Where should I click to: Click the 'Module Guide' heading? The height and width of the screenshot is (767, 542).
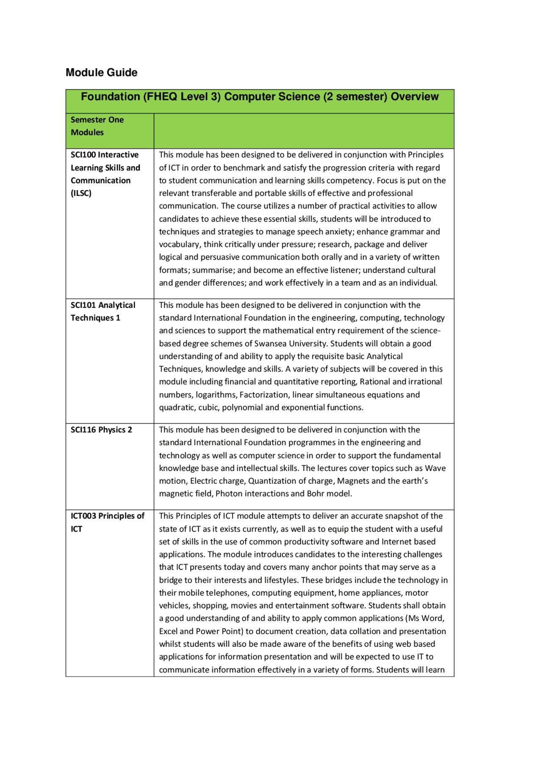pos(101,72)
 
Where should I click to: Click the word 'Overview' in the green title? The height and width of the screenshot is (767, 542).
pos(415,97)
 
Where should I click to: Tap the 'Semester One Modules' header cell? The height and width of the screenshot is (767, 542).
pos(97,126)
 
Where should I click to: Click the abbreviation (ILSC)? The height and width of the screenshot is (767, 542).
pos(81,193)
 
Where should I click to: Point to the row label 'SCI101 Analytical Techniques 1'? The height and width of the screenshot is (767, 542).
pos(103,311)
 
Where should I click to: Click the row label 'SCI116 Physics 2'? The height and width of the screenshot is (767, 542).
pos(101,430)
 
